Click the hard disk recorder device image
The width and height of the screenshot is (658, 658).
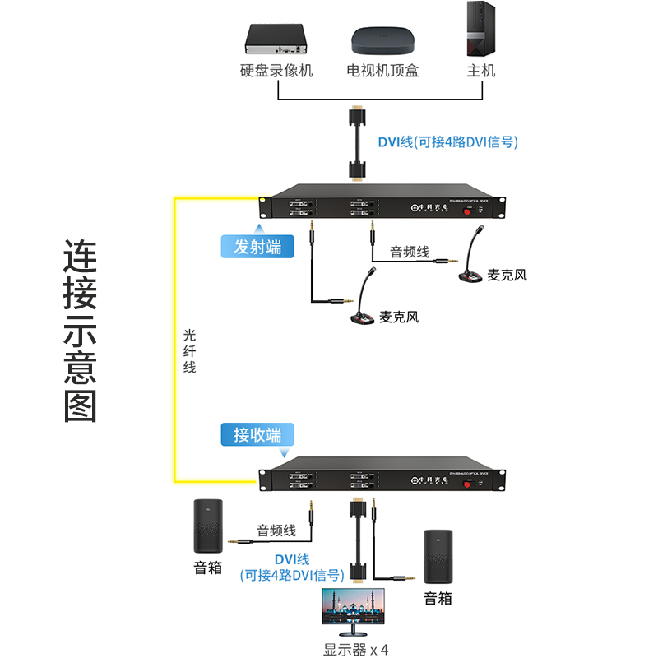click(x=276, y=36)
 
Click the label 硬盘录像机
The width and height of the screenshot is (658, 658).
click(x=276, y=71)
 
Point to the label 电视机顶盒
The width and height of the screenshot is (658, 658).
click(x=382, y=71)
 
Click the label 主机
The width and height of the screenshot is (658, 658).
click(x=480, y=71)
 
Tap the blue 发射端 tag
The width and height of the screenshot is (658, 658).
click(x=257, y=247)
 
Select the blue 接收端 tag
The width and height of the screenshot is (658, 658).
click(x=257, y=435)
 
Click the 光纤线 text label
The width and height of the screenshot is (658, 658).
click(x=190, y=351)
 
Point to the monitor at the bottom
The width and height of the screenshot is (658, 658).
click(x=357, y=613)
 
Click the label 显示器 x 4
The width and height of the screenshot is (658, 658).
click(x=356, y=650)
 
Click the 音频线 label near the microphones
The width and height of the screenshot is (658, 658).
click(x=410, y=252)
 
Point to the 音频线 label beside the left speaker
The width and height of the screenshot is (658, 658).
click(x=276, y=531)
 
